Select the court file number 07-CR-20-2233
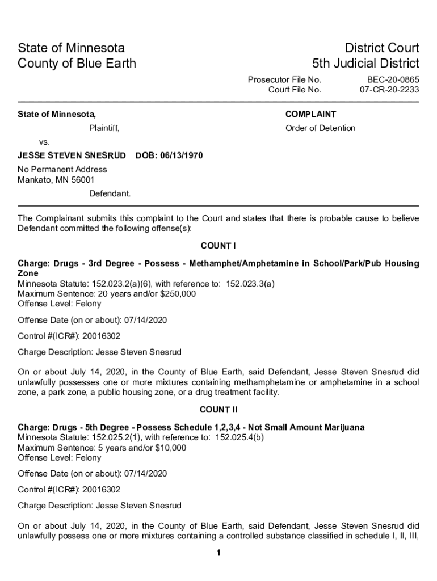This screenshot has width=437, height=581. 389,90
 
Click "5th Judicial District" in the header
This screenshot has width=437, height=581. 365,63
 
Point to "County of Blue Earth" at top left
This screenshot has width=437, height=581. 77,63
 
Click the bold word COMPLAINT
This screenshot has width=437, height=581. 310,114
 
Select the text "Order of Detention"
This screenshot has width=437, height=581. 320,128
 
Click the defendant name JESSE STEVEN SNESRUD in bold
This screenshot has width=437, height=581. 72,155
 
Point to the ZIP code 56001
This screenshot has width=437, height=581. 83,180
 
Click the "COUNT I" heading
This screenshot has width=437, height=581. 218,246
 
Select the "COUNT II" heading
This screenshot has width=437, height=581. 218,410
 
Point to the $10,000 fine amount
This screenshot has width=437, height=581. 170,448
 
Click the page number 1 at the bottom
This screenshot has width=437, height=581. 218,554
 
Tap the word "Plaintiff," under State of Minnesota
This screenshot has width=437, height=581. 104,128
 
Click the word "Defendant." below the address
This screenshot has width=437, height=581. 110,193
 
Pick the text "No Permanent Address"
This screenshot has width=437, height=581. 62,169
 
